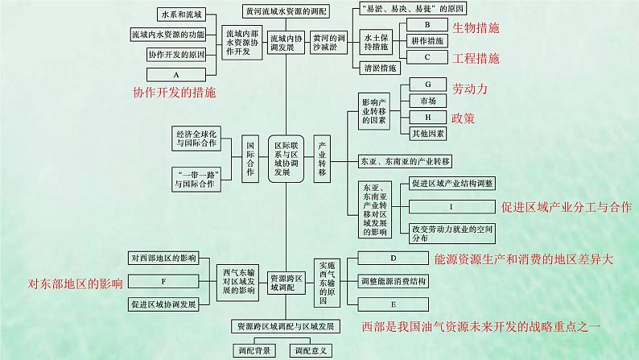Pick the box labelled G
(x=427, y=85)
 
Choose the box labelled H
(x=427, y=117)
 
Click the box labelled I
(x=451, y=206)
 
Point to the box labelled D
(x=394, y=259)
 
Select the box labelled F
(x=163, y=281)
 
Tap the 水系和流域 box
(x=175, y=15)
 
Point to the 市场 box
(x=427, y=101)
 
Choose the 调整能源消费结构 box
(x=394, y=281)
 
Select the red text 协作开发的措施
(x=175, y=93)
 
